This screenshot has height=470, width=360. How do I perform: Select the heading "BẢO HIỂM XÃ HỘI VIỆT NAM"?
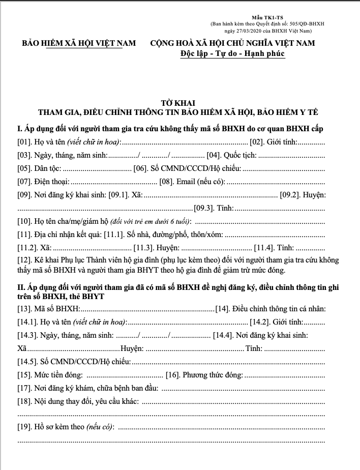tap(78, 43)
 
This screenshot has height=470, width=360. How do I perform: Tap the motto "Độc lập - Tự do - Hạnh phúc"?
tap(232, 53)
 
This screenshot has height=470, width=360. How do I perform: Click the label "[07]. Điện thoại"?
tap(43, 182)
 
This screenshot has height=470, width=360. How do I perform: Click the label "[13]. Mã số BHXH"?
tap(48, 309)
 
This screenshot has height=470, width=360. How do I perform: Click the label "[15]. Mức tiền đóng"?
tap(50, 375)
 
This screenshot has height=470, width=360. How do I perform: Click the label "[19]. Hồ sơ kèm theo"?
tap(65, 427)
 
